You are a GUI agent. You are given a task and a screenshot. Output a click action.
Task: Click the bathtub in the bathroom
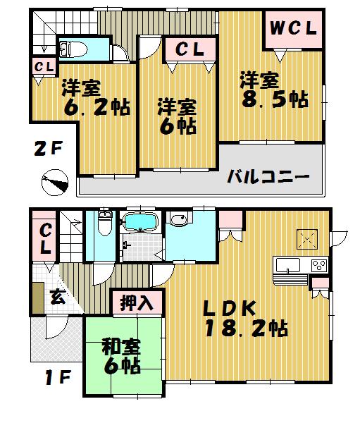coord(142,221)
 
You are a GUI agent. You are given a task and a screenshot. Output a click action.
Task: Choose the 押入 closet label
coord(139,303)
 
